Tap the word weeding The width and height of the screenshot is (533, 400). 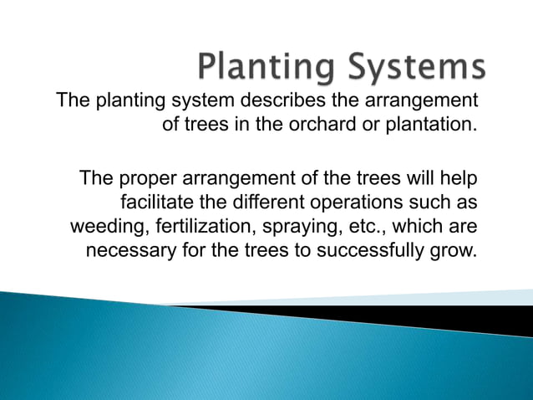[105, 228]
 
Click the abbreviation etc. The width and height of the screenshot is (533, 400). [360, 228]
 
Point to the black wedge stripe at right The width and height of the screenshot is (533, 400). [468, 318]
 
